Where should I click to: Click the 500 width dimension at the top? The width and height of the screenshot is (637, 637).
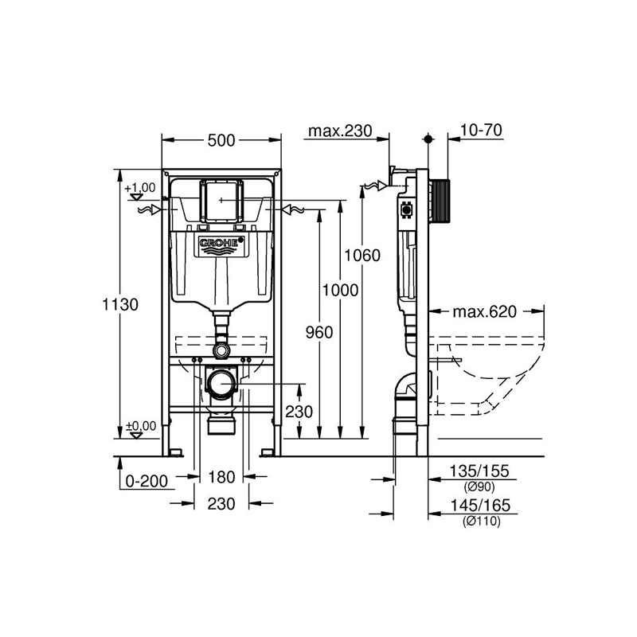(221, 140)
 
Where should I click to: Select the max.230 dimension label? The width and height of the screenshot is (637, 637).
(338, 131)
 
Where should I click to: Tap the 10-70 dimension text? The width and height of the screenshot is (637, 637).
(481, 131)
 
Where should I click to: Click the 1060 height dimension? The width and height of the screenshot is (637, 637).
(363, 255)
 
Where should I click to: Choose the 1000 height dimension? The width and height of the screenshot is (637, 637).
(340, 291)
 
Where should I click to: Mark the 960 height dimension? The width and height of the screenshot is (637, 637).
(318, 332)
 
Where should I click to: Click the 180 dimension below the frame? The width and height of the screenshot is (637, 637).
(221, 477)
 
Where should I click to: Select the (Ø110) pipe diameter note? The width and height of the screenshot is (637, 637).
(478, 521)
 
